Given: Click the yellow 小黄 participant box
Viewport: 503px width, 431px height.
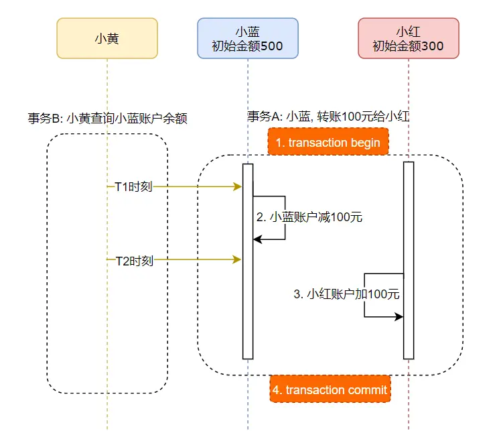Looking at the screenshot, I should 107,38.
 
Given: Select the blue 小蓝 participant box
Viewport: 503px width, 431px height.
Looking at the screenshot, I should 248,38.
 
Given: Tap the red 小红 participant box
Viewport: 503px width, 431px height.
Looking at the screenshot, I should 409,38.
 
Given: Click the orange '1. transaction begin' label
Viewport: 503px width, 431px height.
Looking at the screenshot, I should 328,143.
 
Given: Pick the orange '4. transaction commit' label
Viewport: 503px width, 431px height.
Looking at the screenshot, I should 330,390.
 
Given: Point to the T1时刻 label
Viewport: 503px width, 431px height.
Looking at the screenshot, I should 134,187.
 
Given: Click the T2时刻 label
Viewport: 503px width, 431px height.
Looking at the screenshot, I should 134,260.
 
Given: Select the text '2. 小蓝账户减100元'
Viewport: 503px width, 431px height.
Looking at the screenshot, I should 309,217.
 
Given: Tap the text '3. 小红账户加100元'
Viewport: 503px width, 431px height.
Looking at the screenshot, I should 347,294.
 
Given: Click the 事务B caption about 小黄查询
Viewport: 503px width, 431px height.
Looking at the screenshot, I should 107,119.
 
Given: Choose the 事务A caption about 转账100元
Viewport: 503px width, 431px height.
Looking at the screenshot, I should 328,116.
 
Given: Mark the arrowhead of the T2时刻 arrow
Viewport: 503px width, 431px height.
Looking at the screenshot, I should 238,259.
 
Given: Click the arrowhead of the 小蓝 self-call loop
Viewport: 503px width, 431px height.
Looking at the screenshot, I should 257,239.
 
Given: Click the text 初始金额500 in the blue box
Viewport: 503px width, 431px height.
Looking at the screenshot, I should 248,47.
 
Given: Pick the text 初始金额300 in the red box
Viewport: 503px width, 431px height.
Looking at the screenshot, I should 409,47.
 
